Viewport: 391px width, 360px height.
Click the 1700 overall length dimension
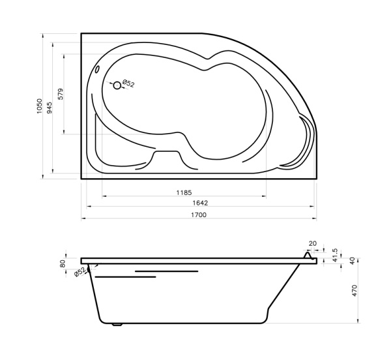(199, 215)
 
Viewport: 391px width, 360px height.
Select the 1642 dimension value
(200, 203)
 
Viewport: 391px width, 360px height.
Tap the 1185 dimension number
(184, 192)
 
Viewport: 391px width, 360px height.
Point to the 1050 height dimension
(39, 106)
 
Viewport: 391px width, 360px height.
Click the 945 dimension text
(50, 108)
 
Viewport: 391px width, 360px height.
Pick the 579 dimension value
(61, 94)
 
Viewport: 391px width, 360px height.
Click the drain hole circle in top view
(117, 85)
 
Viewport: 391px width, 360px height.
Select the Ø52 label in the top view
(128, 83)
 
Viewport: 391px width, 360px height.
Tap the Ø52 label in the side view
(80, 271)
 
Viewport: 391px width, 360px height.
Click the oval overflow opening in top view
(98, 69)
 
